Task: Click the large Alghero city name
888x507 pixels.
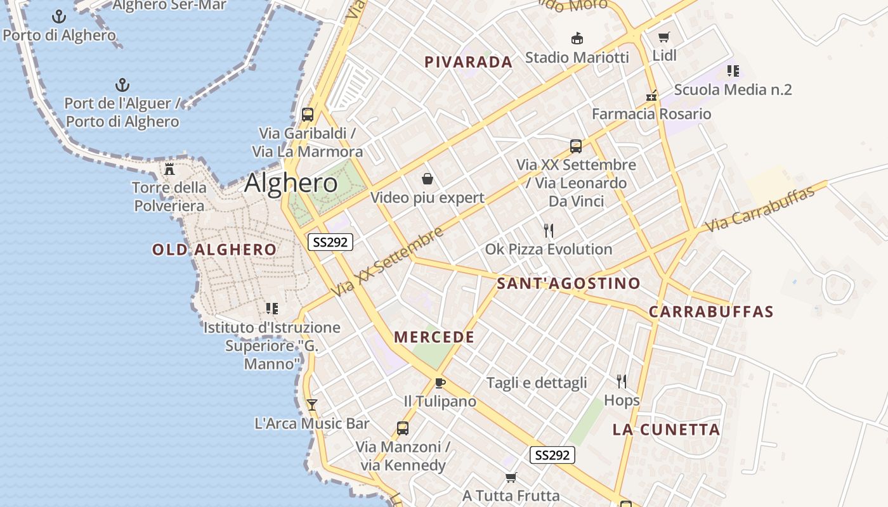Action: (x=291, y=183)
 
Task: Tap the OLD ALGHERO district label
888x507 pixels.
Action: (x=214, y=250)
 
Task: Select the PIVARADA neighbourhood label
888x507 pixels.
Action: (x=468, y=62)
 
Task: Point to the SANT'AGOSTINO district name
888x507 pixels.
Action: (x=568, y=283)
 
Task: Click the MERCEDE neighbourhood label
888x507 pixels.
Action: (x=434, y=337)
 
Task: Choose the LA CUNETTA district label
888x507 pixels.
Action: (x=666, y=430)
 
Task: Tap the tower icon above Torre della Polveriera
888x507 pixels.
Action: (x=169, y=169)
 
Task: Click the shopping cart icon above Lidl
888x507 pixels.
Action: (x=664, y=37)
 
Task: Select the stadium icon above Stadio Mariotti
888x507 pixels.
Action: (x=577, y=39)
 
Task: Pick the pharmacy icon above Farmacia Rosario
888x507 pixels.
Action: (x=651, y=96)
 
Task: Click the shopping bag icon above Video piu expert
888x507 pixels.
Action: (x=428, y=179)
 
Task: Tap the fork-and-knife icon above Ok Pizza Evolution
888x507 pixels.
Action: (x=549, y=231)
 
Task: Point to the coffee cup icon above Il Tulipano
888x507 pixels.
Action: (x=440, y=383)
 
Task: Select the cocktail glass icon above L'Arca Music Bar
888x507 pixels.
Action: (x=311, y=404)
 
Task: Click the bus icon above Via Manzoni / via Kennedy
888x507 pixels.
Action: (x=403, y=428)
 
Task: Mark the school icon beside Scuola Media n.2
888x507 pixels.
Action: (x=733, y=71)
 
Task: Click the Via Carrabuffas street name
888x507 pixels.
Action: (x=759, y=209)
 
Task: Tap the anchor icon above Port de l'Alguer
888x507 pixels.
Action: (x=122, y=85)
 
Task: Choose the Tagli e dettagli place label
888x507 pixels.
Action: (x=537, y=383)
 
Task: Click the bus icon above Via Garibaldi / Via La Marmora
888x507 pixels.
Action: (x=308, y=115)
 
